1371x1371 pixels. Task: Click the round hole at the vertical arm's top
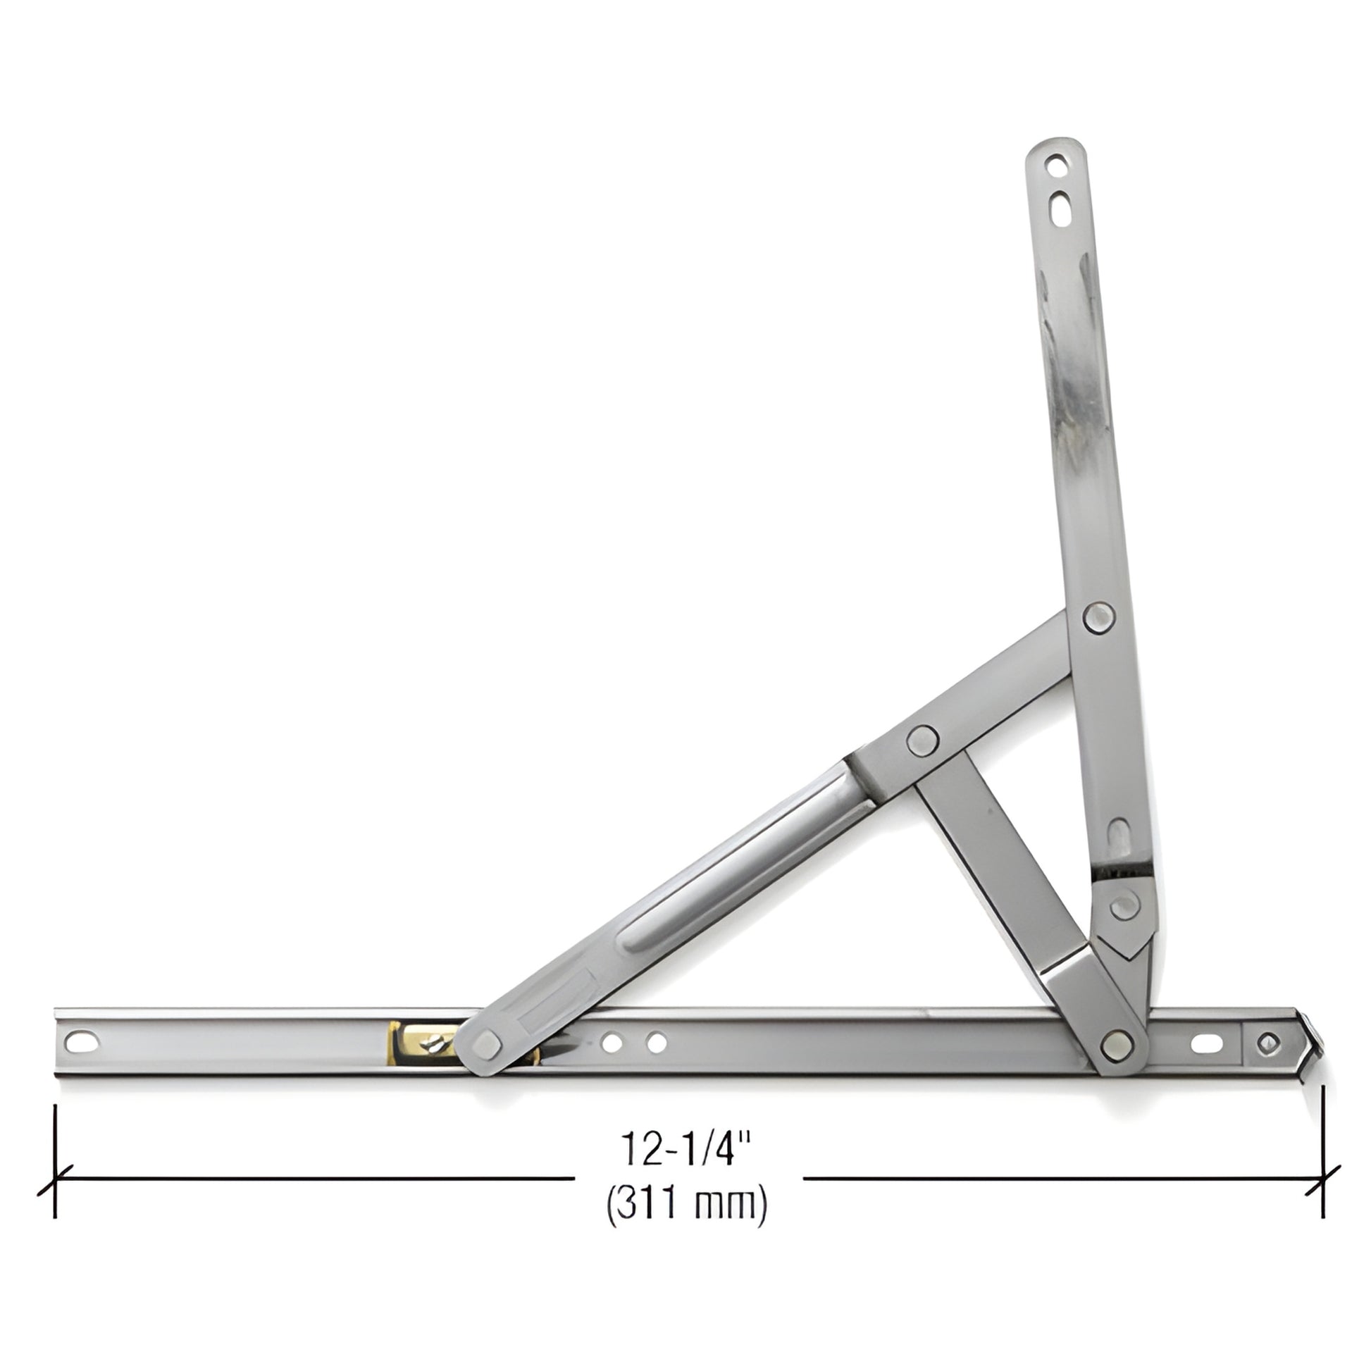(x=1057, y=169)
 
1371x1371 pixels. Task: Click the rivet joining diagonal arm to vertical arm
(x=1098, y=616)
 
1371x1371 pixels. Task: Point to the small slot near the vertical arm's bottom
(x=1119, y=833)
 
